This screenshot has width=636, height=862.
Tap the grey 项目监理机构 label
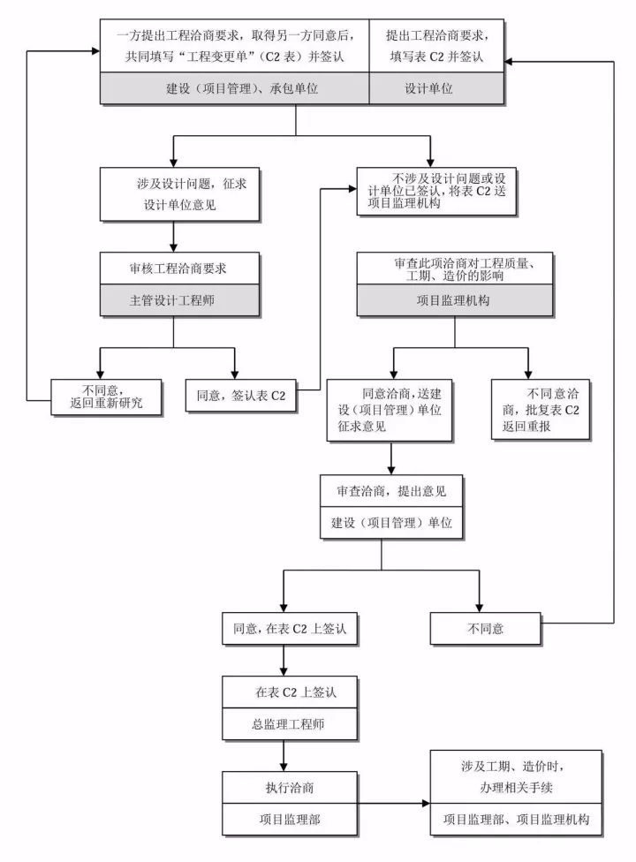pos(454,300)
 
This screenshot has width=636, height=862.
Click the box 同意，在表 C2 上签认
pos(284,630)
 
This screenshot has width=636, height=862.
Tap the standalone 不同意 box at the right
pos(486,630)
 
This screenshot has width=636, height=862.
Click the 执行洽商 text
pos(284,787)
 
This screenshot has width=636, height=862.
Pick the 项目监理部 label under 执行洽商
pos(284,820)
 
